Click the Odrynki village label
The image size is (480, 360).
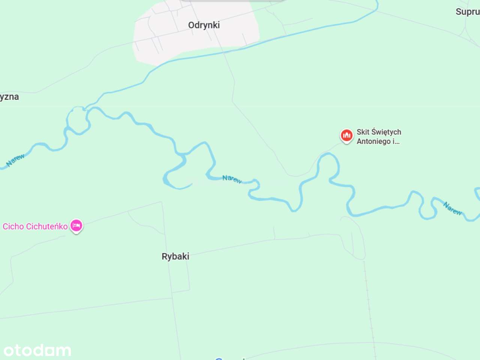click(x=204, y=25)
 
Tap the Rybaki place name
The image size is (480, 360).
click(x=175, y=256)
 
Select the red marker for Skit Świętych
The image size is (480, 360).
click(x=346, y=135)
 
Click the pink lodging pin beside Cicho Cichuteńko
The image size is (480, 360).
click(x=76, y=225)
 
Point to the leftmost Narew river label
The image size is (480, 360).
click(x=16, y=160)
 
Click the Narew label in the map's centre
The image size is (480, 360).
click(x=232, y=179)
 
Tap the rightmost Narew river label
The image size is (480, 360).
click(x=452, y=208)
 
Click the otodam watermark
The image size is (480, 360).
click(x=37, y=351)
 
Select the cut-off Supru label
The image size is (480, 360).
click(x=467, y=12)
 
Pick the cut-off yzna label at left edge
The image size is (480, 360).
click(x=9, y=97)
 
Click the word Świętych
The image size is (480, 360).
click(x=386, y=132)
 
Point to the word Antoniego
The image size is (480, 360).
click(x=373, y=141)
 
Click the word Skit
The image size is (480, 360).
click(x=363, y=132)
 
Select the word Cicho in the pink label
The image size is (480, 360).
click(x=13, y=226)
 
